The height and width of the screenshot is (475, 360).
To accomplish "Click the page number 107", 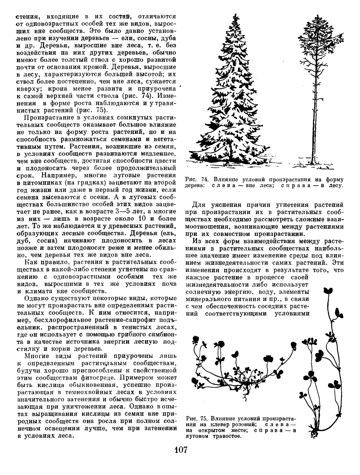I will (x=180, y=451).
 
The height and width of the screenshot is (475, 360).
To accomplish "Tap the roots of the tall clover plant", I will (x=315, y=434).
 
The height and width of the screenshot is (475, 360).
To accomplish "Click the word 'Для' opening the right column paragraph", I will (x=200, y=205).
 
